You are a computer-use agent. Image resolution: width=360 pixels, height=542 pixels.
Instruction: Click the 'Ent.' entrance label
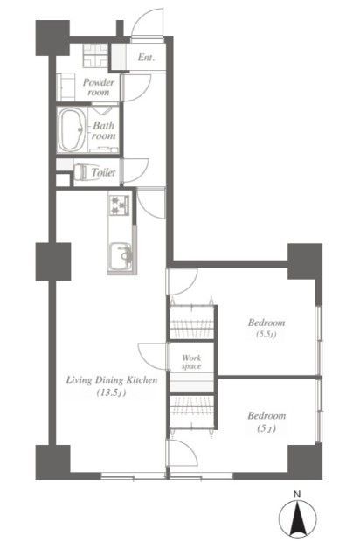pyautogui.click(x=146, y=57)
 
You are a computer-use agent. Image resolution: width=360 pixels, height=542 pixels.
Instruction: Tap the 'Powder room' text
pyautogui.click(x=99, y=87)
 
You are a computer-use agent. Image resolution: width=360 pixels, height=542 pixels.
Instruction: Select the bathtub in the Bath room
pyautogui.click(x=72, y=130)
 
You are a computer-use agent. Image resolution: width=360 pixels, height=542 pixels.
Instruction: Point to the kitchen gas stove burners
pyautogui.click(x=119, y=205)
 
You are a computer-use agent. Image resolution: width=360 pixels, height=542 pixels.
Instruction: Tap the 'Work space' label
pyautogui.click(x=191, y=362)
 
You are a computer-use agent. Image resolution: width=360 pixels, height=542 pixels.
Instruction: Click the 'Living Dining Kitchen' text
pyautogui.click(x=112, y=380)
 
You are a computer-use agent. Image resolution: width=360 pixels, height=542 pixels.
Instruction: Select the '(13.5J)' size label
pyautogui.click(x=111, y=393)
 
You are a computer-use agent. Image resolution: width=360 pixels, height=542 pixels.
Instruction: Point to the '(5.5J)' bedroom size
pyautogui.click(x=267, y=334)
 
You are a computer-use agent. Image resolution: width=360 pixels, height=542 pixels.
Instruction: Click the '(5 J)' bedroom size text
pyautogui.click(x=267, y=428)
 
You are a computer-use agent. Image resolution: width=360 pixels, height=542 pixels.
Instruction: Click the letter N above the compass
pyautogui.click(x=297, y=494)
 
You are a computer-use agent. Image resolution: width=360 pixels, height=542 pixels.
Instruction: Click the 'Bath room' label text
pyautogui.click(x=103, y=130)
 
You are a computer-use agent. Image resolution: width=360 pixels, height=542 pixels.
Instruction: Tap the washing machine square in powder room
pyautogui.click(x=96, y=55)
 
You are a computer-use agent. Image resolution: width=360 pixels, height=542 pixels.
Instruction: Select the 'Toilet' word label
pyautogui.click(x=103, y=172)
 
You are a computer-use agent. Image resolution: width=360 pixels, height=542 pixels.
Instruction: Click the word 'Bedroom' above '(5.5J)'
pyautogui.click(x=267, y=323)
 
